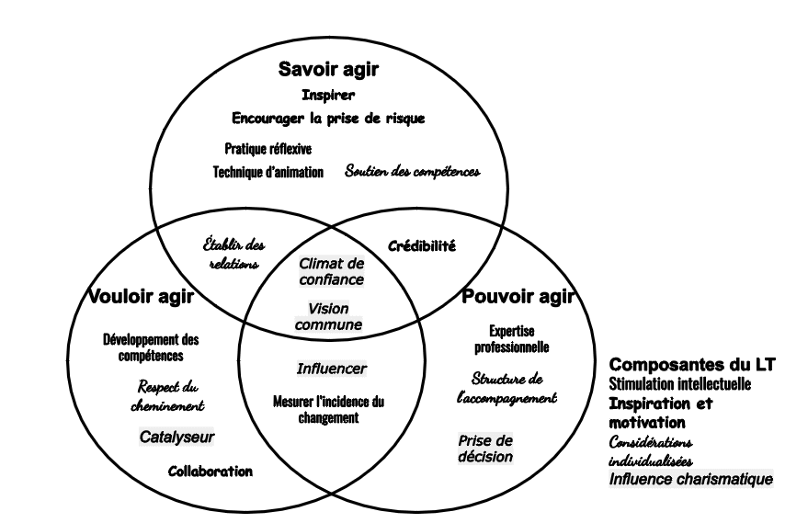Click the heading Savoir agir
click(x=328, y=70)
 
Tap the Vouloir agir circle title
click(x=141, y=296)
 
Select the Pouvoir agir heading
click(x=518, y=296)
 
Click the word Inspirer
click(x=328, y=95)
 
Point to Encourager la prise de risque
click(x=328, y=119)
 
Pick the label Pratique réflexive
click(x=268, y=148)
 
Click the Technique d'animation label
click(x=268, y=172)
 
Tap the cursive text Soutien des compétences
click(x=413, y=171)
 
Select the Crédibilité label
click(x=422, y=246)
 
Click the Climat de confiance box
click(x=332, y=271)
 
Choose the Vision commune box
click(x=328, y=316)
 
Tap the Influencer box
click(x=332, y=369)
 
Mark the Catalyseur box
click(x=176, y=438)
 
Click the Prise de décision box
click(x=485, y=449)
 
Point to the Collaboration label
click(x=211, y=472)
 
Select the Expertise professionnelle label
click(x=512, y=339)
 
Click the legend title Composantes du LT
click(x=692, y=365)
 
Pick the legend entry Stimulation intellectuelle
click(x=680, y=383)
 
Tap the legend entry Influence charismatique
click(x=691, y=479)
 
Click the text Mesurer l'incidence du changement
click(x=328, y=409)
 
